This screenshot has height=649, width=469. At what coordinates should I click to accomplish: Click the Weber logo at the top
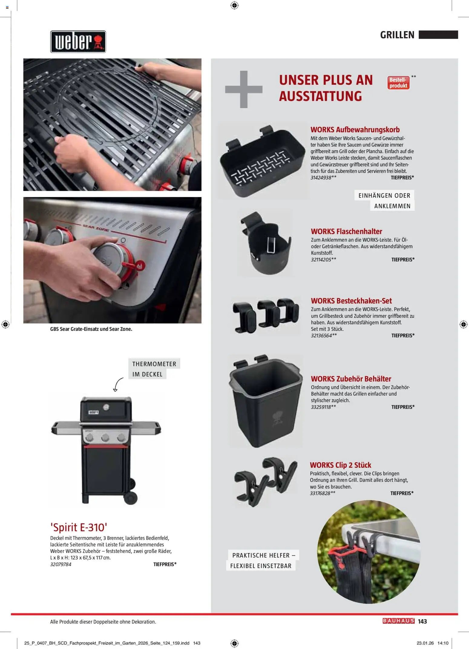tap(78, 42)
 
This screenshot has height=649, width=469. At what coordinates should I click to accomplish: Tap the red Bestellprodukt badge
tap(398, 83)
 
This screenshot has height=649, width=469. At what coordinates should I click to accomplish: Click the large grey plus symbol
tap(244, 89)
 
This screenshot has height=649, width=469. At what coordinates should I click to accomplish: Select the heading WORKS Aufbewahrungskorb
tap(355, 130)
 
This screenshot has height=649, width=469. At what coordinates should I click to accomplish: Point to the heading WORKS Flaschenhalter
tap(346, 231)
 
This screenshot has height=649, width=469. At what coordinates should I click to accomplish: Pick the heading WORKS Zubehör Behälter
tap(351, 379)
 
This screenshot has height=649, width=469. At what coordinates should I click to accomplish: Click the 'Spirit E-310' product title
tap(79, 527)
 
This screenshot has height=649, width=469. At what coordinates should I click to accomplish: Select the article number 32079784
tap(61, 564)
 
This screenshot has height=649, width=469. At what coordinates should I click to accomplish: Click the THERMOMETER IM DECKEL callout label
tap(154, 369)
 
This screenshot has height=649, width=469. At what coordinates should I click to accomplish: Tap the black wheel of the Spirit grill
tap(131, 498)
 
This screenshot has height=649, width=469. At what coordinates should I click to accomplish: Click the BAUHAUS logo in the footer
tap(398, 621)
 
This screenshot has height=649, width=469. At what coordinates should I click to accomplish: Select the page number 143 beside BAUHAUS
tap(422, 621)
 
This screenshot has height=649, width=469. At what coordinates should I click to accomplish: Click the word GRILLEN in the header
tap(397, 35)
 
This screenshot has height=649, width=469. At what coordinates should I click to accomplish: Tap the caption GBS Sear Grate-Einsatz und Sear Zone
tap(91, 329)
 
